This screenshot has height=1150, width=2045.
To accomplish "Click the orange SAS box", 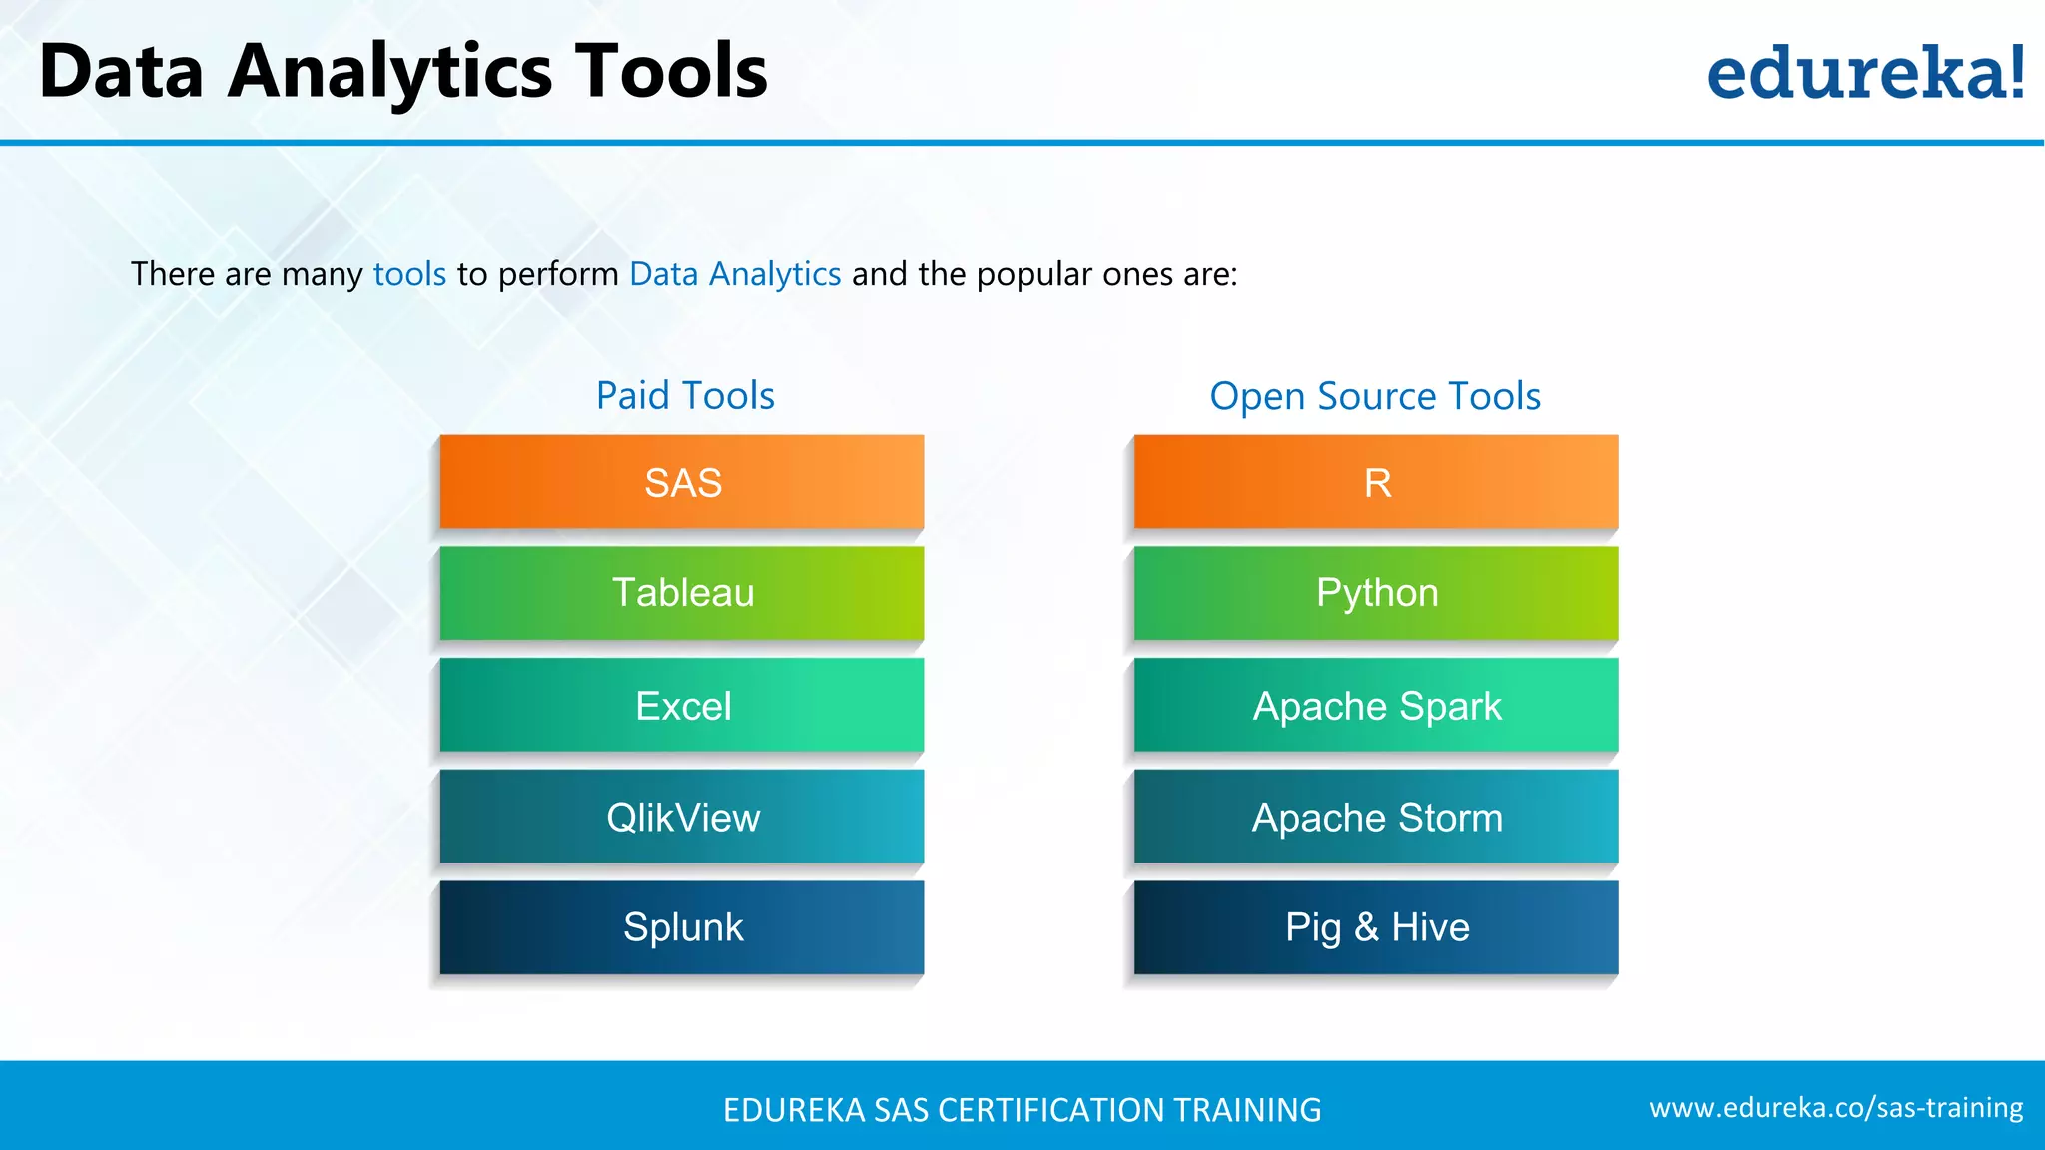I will (x=682, y=482).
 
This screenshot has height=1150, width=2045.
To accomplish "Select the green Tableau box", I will (x=682, y=593).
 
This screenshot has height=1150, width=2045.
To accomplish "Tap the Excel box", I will (x=682, y=705).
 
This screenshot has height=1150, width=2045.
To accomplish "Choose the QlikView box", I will (x=682, y=817).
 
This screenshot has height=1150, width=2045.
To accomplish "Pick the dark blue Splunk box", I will (x=682, y=927).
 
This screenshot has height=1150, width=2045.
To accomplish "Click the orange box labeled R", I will (x=1376, y=482).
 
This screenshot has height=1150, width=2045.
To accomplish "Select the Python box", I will (x=1376, y=593).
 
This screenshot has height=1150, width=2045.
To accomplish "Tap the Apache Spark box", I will (x=1376, y=705).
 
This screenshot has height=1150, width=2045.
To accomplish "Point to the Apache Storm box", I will (x=1376, y=817).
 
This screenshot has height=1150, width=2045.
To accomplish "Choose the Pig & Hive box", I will (x=1376, y=927).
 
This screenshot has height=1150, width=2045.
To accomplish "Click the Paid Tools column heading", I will (x=685, y=396).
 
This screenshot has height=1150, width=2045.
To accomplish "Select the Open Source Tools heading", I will (x=1375, y=396).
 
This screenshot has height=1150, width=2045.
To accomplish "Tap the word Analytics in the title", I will (x=389, y=72).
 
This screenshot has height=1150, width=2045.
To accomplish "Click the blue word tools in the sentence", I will (x=409, y=274).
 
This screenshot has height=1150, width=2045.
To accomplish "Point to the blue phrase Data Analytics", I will (x=735, y=274).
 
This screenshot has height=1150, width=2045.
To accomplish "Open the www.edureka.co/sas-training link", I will (x=1835, y=1108).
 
